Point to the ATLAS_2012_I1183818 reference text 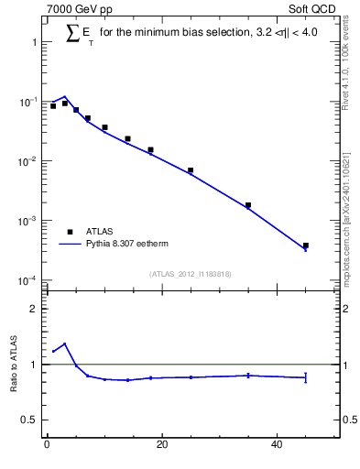coord(190,274)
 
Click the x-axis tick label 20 coord(162,446)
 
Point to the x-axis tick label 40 coord(278,446)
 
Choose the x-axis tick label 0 coord(47,446)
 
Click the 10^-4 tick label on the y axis coord(27,280)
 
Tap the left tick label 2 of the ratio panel coord(32,309)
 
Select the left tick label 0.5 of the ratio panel coord(29,420)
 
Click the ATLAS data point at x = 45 coord(306,245)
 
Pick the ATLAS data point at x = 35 coord(248,205)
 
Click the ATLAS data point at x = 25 coord(191,170)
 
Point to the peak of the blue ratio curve coord(64,344)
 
